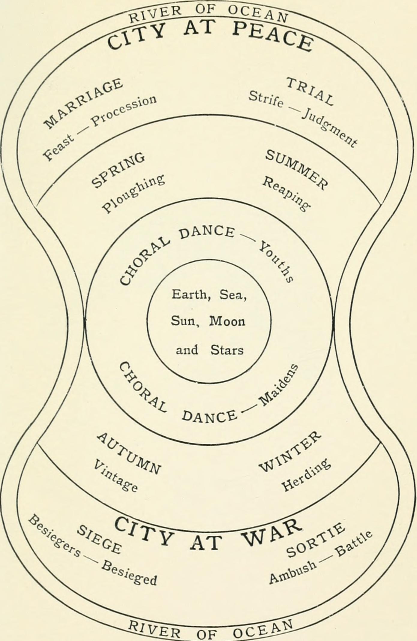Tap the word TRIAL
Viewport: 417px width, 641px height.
[x=310, y=91]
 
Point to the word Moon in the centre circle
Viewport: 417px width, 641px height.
[x=227, y=321]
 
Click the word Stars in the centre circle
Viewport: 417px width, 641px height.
[x=227, y=350]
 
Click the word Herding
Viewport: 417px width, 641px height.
[x=306, y=475]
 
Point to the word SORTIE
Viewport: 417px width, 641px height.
[x=315, y=540]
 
